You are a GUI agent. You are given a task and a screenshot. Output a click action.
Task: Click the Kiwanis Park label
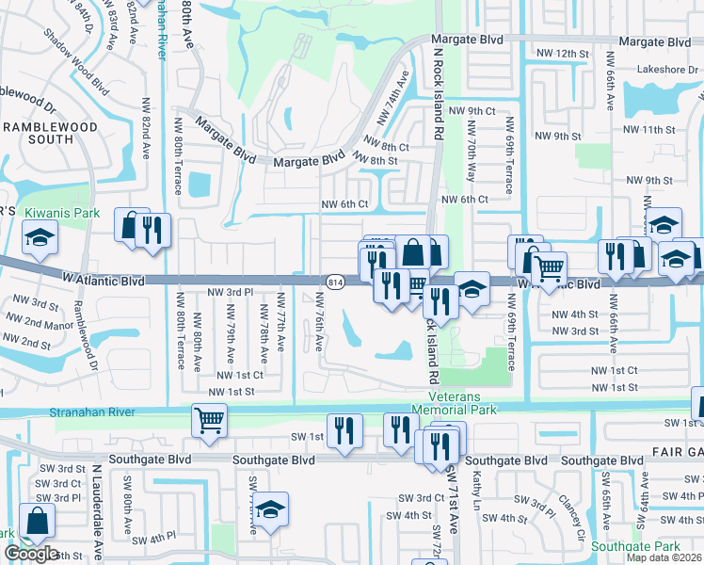[x=61, y=214]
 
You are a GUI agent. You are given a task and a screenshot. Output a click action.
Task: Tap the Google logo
[x=31, y=554]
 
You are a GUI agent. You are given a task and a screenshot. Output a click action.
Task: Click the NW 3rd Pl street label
[x=229, y=292]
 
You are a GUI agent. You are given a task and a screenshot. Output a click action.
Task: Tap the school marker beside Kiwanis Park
[x=40, y=241]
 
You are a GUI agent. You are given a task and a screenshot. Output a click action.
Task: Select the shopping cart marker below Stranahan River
[x=209, y=419]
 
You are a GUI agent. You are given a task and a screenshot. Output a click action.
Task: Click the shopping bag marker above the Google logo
[x=37, y=520]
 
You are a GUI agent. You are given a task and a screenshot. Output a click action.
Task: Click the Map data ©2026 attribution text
[x=664, y=557]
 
